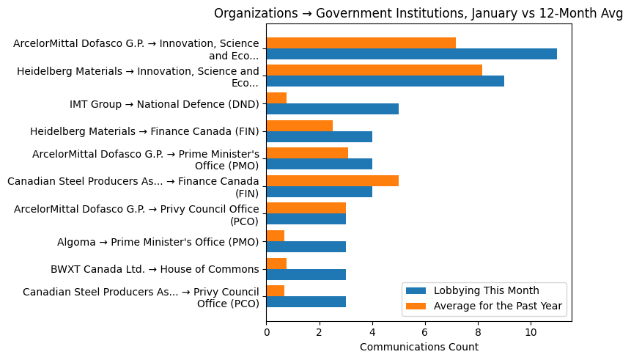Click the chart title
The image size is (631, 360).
coord(418,13)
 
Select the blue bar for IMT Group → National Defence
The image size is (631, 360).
coord(332,109)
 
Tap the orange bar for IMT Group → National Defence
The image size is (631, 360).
coord(276,98)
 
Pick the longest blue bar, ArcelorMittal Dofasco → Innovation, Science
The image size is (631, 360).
coord(411,54)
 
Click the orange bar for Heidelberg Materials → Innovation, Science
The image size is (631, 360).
coord(374,70)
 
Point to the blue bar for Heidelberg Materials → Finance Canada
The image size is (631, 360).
coord(319,137)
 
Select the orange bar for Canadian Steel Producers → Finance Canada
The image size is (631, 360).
coord(332,181)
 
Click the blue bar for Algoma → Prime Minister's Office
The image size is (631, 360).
coord(306,247)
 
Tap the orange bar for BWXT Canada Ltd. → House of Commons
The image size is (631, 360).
coord(276,263)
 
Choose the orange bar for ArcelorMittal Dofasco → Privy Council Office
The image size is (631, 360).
coord(306,208)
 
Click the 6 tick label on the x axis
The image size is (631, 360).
coord(425,332)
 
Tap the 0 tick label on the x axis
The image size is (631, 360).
coord(266,332)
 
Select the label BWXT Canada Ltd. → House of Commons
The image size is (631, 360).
coord(155,269)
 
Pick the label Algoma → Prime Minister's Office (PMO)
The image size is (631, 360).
coord(158,242)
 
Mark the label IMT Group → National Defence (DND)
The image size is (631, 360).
coord(164,104)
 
